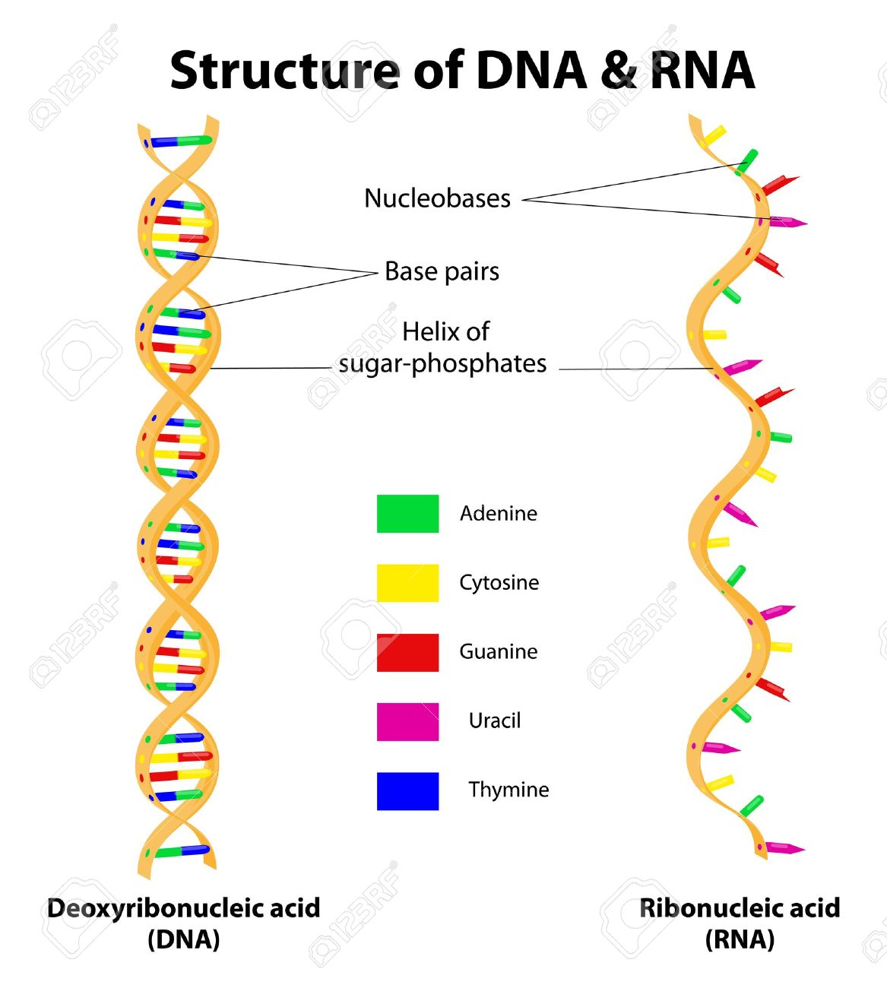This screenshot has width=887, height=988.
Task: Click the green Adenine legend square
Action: (407, 514)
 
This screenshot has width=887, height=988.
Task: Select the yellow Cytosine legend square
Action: (407, 583)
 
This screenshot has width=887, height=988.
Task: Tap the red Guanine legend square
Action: (407, 653)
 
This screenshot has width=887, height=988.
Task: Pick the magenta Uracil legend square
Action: (407, 722)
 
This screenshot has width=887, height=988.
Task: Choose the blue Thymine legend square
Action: (407, 791)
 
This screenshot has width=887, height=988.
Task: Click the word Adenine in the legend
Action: (499, 514)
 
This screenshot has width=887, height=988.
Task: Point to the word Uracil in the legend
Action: (495, 720)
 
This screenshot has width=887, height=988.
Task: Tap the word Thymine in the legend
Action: (508, 790)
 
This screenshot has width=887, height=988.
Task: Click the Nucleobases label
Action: (437, 198)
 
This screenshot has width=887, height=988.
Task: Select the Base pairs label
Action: (442, 271)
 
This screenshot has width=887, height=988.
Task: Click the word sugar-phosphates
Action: (443, 364)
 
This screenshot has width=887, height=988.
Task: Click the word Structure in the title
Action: (285, 70)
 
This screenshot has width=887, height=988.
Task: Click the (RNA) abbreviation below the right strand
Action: (740, 939)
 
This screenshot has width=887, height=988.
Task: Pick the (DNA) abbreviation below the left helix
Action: (184, 939)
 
